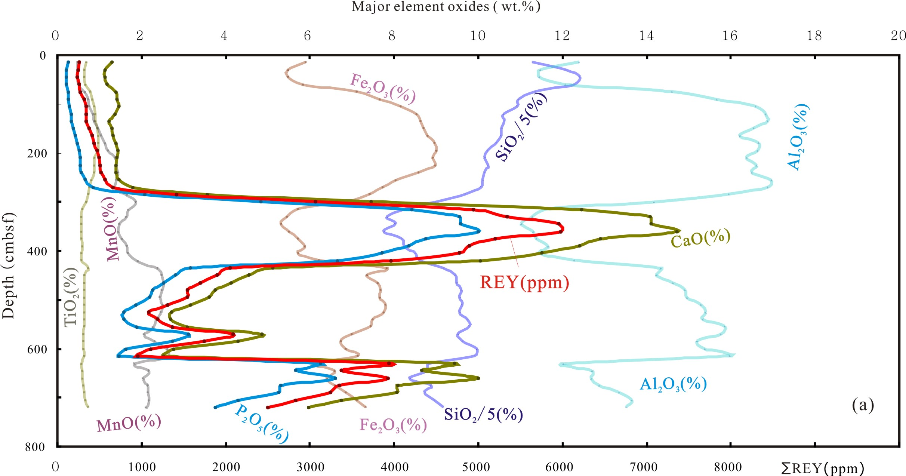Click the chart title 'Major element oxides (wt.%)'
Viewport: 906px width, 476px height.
pos(446,7)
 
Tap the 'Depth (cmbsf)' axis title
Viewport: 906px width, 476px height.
pos(8,265)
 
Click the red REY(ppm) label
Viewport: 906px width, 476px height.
pos(524,283)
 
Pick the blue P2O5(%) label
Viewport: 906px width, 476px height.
pos(261,424)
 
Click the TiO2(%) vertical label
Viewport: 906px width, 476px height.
pos(71,297)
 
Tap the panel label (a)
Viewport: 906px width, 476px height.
pos(863,405)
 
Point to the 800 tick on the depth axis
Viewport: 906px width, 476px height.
pos(35,446)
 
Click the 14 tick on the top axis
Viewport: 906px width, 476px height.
pos(646,36)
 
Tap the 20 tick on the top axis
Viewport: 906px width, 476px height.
pos(898,36)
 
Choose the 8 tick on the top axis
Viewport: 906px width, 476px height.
pos(392,36)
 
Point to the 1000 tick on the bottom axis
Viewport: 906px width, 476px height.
pos(142,467)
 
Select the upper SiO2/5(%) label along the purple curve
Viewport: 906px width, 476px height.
pos(521,126)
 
